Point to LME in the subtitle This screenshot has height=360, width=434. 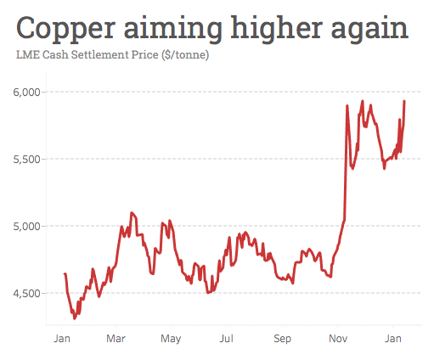tap(27, 56)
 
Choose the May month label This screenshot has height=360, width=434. tap(171, 339)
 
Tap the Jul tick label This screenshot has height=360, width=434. tap(226, 339)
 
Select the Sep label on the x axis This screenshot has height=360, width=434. tap(282, 339)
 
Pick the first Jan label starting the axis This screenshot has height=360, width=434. tap(61, 339)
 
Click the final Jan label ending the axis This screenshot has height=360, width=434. tap(393, 339)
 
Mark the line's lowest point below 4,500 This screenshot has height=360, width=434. tap(75, 318)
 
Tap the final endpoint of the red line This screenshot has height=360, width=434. tap(404, 101)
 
